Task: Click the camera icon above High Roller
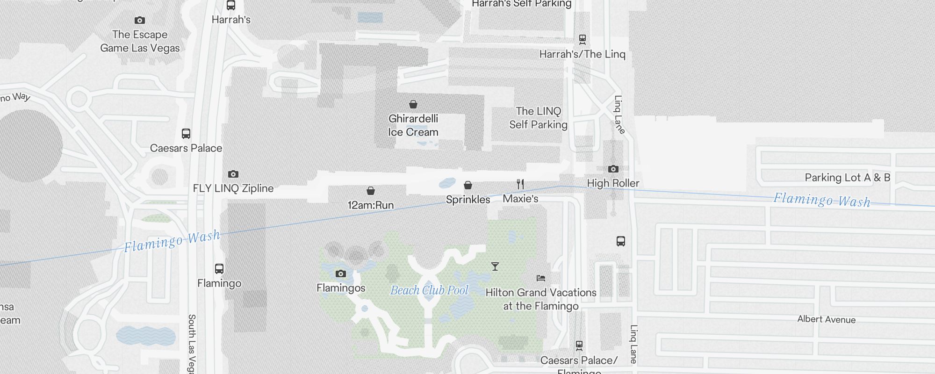point(613,169)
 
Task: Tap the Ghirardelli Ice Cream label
point(413,125)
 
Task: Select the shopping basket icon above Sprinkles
point(468,185)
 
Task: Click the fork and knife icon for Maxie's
point(520,184)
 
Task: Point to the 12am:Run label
point(371,205)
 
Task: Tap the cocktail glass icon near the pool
point(495,266)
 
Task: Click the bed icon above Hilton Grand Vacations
point(541,278)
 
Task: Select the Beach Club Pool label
point(429,290)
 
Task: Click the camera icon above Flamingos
point(341,273)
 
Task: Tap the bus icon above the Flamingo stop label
point(219,269)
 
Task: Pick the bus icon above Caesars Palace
point(186,134)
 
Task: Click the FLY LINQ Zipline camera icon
point(233,174)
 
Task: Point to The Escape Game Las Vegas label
point(140,41)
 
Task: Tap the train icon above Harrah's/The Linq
point(583,39)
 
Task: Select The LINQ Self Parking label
point(539,118)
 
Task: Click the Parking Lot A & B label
point(847,178)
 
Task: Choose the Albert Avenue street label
point(827,319)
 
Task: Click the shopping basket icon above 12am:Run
point(371,191)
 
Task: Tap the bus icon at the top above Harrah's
point(231,5)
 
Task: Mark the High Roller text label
point(613,183)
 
